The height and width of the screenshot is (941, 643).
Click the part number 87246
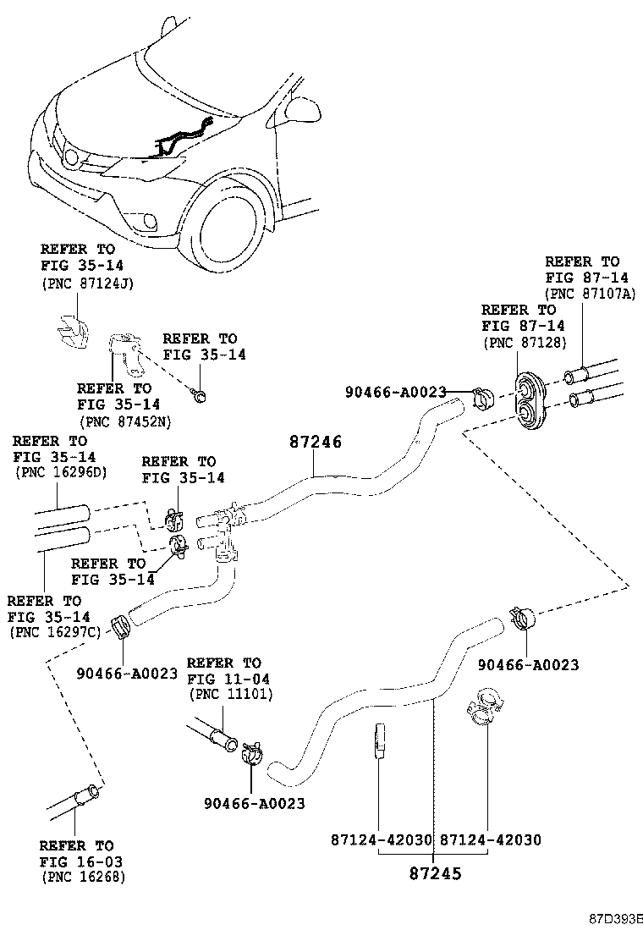coord(315,442)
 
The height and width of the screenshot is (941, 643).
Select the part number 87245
coord(435,873)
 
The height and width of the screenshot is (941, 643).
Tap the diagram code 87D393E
coord(616,918)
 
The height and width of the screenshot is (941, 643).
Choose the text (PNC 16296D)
coord(61,471)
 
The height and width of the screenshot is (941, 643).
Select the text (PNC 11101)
coord(230,695)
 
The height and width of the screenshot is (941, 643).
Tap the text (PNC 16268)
coord(83,878)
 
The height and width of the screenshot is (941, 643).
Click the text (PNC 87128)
coord(525,343)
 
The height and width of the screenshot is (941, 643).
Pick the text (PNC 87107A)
coord(591,294)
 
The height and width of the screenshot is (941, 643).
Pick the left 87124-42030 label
coord(381,839)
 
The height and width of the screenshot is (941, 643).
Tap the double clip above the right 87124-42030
coord(484,709)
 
